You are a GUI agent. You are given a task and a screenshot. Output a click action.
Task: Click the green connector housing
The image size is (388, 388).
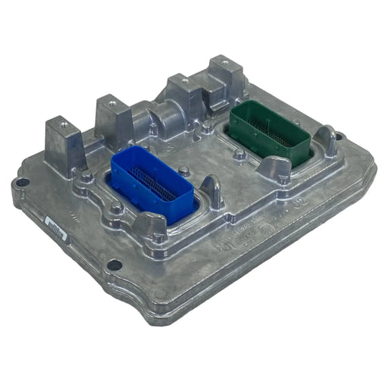point(269,129)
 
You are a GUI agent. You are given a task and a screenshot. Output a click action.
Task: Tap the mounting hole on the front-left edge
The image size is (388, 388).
point(114,265)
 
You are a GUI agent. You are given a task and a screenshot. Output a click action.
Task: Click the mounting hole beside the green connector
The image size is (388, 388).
point(338,137)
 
